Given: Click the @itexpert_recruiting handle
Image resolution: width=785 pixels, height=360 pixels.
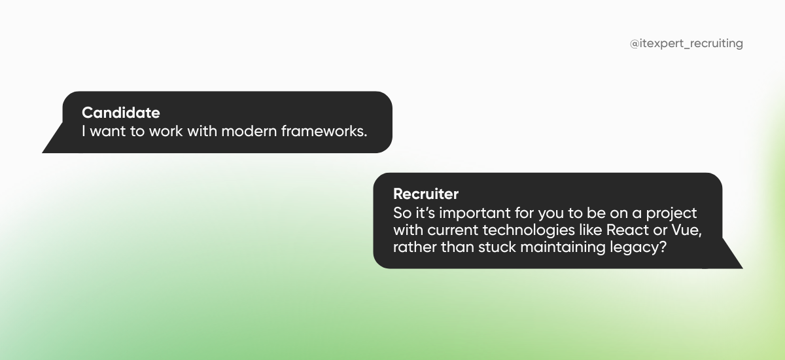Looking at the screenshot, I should [x=686, y=44].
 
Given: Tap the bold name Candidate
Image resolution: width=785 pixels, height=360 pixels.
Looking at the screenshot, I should [x=120, y=113].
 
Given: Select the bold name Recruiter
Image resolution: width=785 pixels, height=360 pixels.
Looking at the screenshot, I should [x=426, y=194].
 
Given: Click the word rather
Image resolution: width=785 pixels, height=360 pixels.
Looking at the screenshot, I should [x=413, y=249].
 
